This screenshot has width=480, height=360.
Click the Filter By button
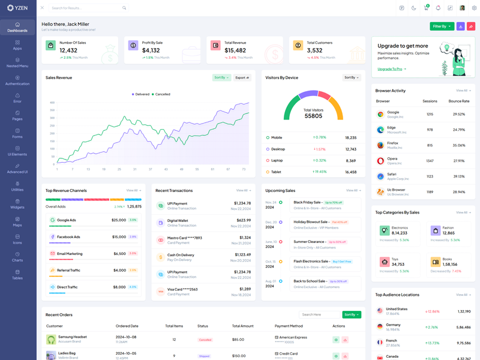tap(442, 26)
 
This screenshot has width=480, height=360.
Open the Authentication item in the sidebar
tap(17, 80)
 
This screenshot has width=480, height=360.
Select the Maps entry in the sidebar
tap(17, 221)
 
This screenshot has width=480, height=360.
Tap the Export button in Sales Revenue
tap(242, 77)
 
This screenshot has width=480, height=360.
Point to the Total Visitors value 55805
tap(313, 116)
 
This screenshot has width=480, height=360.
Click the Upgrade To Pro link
tap(391, 69)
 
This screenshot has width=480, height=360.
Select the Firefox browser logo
tap(380, 145)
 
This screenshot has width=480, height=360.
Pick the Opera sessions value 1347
tap(430, 161)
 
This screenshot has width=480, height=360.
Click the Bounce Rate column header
tap(458, 101)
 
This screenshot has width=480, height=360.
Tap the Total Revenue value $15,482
tap(235, 50)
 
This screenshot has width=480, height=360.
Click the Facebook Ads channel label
tap(68, 237)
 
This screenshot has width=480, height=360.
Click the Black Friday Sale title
tap(307, 202)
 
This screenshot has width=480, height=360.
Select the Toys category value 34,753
tap(398, 264)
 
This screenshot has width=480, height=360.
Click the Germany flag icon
tap(380, 327)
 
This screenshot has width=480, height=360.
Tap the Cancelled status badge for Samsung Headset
tap(205, 340)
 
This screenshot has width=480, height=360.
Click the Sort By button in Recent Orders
tap(352, 314)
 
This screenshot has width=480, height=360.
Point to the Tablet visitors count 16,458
tap(350, 172)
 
